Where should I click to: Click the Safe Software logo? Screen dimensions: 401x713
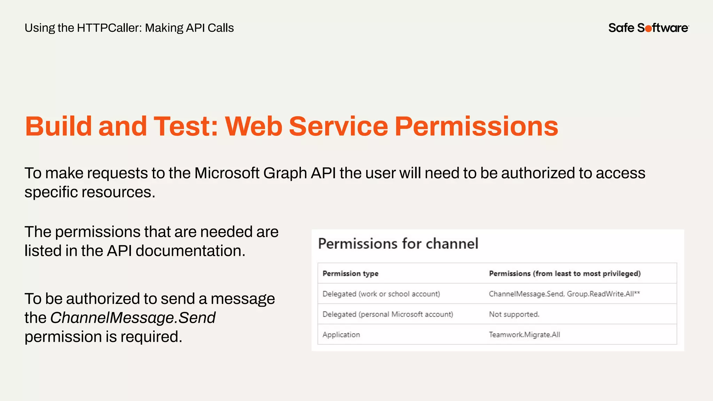[648, 28]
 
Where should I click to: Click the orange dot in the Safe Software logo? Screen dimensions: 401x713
[648, 29]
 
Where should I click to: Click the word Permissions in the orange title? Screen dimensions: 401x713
[476, 126]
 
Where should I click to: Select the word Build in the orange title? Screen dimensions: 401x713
[58, 126]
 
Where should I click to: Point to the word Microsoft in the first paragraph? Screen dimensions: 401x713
[227, 173]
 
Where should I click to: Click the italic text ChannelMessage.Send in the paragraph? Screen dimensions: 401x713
[133, 318]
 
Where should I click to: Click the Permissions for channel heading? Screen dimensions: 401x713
[398, 244]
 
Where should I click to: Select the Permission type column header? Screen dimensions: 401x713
[350, 274]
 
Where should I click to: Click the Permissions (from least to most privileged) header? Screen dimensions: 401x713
[564, 274]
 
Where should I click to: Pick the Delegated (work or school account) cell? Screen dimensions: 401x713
[381, 294]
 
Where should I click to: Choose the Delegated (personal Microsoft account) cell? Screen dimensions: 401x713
[387, 314]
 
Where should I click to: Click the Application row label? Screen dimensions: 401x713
[341, 335]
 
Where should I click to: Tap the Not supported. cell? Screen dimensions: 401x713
[514, 314]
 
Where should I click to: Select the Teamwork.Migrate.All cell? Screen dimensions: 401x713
[524, 335]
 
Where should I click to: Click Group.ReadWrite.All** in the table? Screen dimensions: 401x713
[603, 294]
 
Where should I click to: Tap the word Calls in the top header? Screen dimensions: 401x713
[221, 28]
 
